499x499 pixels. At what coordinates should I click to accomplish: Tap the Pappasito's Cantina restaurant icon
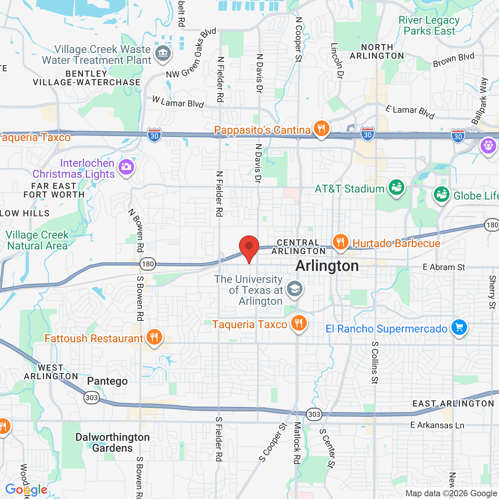[x=321, y=128]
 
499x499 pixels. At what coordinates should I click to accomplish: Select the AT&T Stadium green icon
[x=396, y=188]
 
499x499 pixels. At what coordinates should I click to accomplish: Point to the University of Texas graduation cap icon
[x=294, y=289]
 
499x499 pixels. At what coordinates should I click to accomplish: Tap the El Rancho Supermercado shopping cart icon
[x=459, y=327]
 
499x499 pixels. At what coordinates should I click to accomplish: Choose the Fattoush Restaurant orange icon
[x=154, y=337]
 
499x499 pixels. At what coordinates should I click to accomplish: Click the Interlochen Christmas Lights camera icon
[x=126, y=167]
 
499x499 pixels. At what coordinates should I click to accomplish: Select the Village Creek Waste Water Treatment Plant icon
[x=163, y=53]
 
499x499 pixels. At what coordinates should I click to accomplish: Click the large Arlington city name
[x=327, y=266]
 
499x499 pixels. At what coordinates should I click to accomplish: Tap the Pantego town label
[x=107, y=381]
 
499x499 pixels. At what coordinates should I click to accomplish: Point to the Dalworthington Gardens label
[x=112, y=442]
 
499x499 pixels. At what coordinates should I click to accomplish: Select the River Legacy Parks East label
[x=429, y=25]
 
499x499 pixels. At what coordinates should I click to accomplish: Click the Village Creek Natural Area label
[x=37, y=240]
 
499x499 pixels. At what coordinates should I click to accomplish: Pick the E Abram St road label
[x=444, y=267]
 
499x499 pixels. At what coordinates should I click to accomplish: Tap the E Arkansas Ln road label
[x=437, y=425]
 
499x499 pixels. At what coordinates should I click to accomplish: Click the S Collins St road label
[x=375, y=363]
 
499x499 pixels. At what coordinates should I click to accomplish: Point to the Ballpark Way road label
[x=480, y=101]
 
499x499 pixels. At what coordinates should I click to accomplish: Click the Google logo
[x=26, y=490]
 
